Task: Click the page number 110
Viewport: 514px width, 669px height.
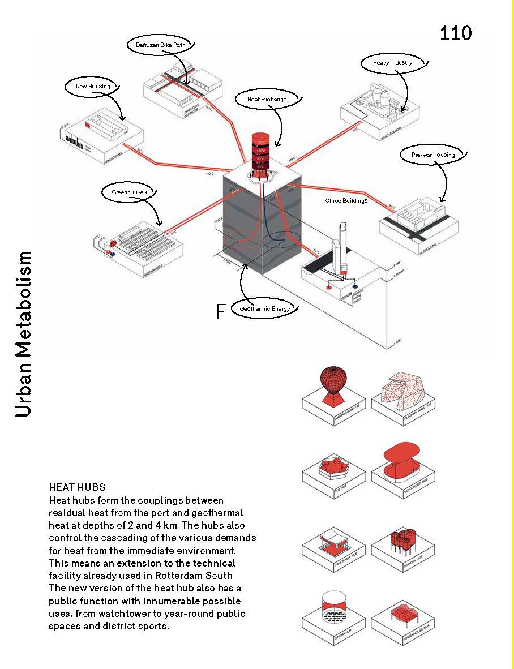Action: [x=455, y=33]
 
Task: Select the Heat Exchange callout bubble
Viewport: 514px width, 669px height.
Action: [x=267, y=99]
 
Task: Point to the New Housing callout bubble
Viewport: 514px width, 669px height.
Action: [x=93, y=87]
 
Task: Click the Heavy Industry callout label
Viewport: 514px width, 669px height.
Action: [x=392, y=62]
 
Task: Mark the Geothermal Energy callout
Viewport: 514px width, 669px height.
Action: [x=264, y=308]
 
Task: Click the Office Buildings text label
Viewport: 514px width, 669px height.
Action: [x=346, y=200]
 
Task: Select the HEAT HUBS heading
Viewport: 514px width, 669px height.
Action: [x=77, y=487]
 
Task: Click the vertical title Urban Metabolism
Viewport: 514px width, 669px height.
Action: [x=23, y=333]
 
